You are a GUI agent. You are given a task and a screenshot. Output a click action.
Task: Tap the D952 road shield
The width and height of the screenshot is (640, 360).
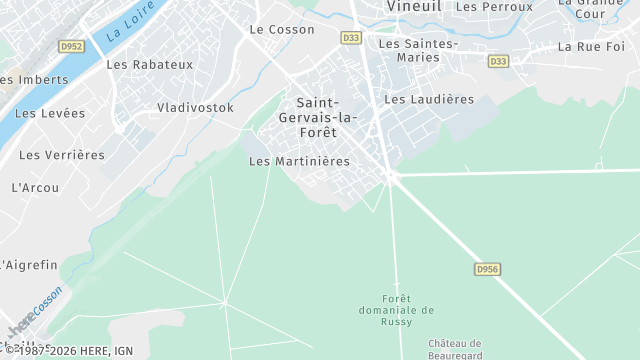pos(71,46)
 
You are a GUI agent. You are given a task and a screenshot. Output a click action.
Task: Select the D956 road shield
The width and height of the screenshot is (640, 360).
pos(486,269)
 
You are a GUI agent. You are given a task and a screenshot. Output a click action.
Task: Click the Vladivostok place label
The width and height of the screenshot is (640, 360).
pos(195,107)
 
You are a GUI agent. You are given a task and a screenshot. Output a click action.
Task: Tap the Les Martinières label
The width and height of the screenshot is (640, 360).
pos(299,161)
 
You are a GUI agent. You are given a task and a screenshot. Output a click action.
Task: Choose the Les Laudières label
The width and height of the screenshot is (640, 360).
pos(429,99)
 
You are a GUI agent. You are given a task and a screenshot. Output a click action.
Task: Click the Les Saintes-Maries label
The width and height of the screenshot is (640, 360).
pos(418,50)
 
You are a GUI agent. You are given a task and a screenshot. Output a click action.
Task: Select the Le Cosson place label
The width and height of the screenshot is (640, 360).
pos(283,30)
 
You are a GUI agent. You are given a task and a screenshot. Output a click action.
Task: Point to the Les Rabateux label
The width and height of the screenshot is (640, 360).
pos(149,65)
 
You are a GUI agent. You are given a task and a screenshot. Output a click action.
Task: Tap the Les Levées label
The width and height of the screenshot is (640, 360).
pos(50,113)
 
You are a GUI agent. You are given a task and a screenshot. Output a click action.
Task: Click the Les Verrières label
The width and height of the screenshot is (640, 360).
pos(62,155)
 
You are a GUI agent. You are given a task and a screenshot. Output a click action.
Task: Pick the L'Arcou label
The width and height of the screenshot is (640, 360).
pos(35,187)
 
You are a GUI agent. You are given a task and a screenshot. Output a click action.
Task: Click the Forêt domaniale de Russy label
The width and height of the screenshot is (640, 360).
pos(396,310)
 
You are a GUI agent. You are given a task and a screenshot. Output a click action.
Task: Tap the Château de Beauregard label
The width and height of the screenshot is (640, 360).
pos(455,349)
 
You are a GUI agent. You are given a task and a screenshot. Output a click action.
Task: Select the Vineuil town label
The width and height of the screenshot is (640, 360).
pos(414,6)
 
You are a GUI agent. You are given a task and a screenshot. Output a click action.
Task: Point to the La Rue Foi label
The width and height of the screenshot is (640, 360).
pos(591,46)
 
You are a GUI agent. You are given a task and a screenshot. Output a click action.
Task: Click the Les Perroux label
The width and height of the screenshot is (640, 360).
pos(494,6)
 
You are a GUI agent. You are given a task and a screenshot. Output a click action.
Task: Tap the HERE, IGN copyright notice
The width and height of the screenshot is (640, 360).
pos(74,351)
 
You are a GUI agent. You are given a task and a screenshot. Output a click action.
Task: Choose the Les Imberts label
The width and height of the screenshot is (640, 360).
pos(34,79)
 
